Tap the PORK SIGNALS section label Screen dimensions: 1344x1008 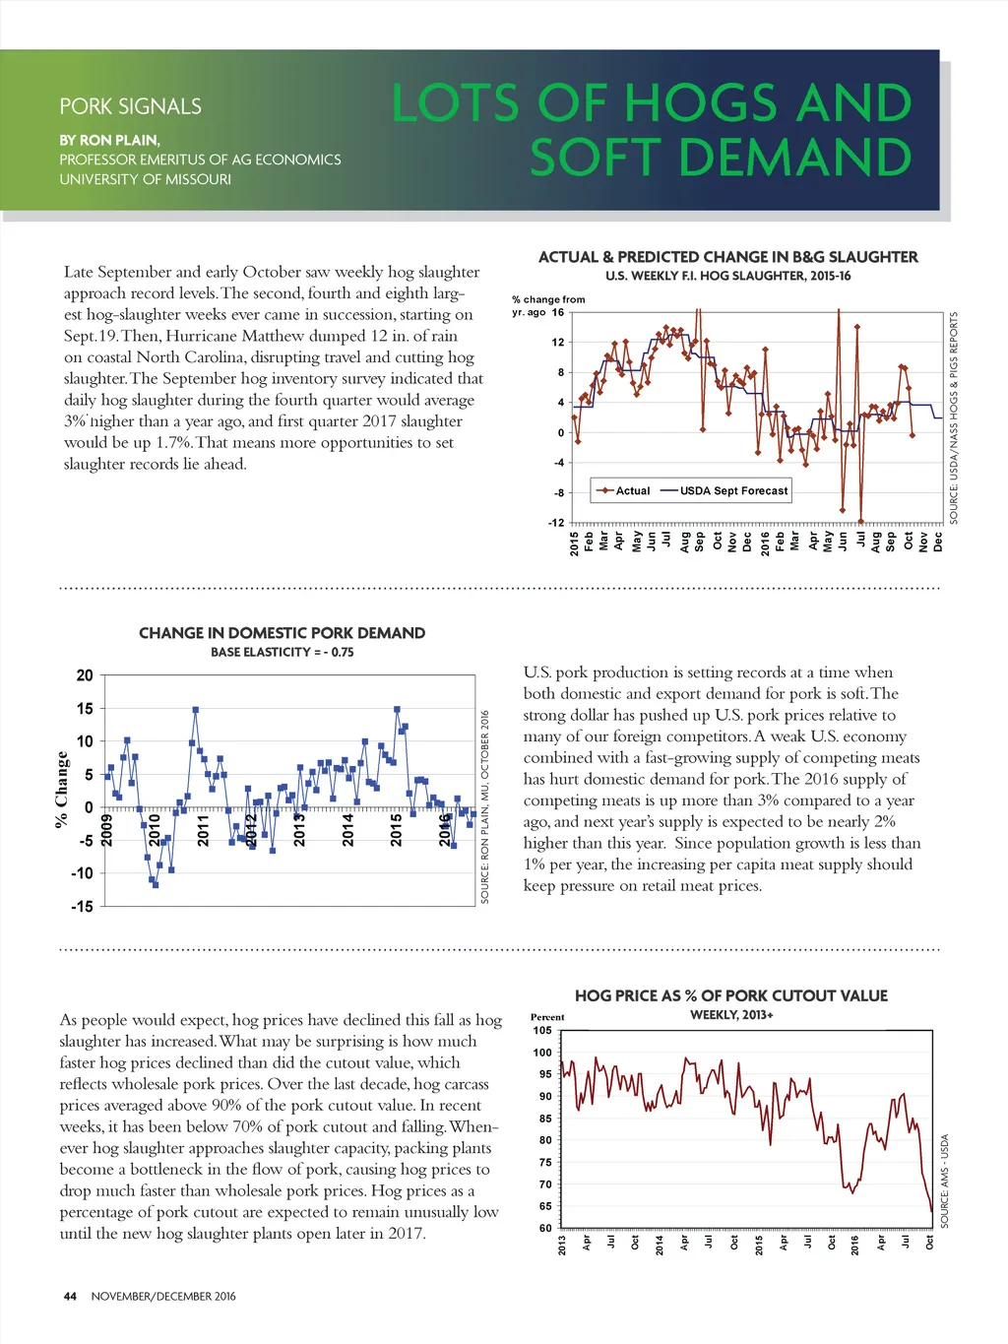point(130,106)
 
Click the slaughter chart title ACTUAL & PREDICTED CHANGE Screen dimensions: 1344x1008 point(727,257)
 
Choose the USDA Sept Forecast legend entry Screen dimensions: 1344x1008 point(733,490)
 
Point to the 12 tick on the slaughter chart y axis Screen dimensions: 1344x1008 point(558,343)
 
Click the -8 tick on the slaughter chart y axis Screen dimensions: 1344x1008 point(558,493)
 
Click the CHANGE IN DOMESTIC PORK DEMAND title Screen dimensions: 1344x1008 point(282,633)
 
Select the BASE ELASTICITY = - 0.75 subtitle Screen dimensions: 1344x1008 point(282,652)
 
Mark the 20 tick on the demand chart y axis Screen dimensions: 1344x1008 point(85,675)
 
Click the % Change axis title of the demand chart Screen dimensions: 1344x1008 point(62,789)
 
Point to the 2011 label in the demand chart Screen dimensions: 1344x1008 point(204,830)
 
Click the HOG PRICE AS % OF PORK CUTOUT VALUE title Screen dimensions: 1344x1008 point(730,995)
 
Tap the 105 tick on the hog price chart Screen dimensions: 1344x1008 point(542,1031)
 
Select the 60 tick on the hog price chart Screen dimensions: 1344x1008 point(545,1228)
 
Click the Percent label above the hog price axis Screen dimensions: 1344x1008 point(547,1017)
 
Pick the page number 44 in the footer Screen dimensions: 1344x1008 point(70,1297)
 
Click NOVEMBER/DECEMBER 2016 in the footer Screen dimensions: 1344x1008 point(163,1297)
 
